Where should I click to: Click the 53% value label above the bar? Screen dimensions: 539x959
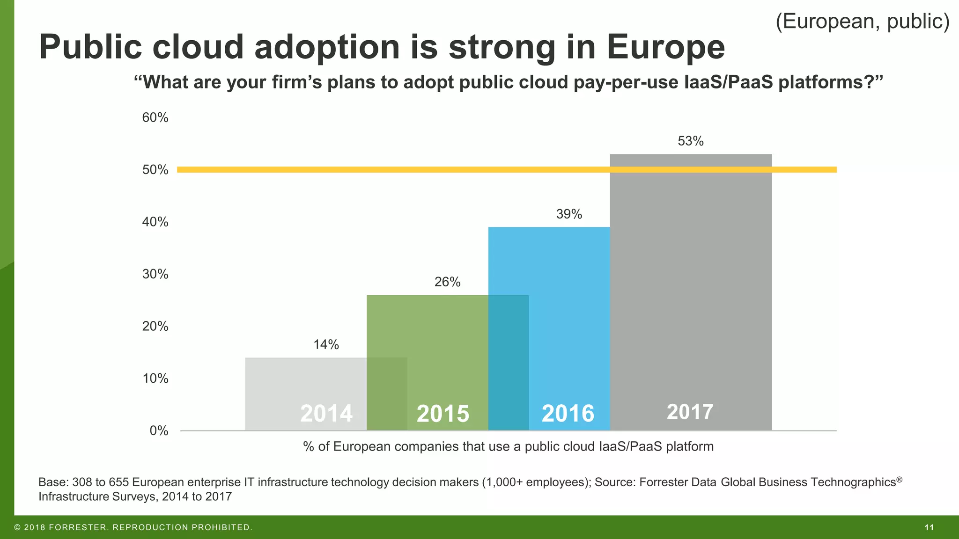(x=690, y=141)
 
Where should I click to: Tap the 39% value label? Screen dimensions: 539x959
(x=569, y=214)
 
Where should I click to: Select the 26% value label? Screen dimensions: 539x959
(x=447, y=282)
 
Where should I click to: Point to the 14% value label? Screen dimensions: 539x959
(x=326, y=345)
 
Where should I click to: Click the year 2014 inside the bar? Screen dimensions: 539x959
(x=326, y=414)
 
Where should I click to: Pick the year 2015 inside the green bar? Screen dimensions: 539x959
(x=443, y=414)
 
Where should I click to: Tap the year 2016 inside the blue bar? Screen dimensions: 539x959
(x=568, y=414)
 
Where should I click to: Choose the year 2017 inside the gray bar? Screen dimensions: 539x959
(x=690, y=412)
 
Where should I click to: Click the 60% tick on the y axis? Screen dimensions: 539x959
(x=155, y=118)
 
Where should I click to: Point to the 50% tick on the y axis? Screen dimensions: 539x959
(x=155, y=170)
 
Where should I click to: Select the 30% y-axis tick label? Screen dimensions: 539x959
(x=155, y=274)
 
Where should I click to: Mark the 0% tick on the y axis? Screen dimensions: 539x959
(x=159, y=431)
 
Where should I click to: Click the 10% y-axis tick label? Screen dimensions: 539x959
(x=155, y=379)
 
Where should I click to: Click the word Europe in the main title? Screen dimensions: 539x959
(x=665, y=47)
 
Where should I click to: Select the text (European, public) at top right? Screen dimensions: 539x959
(x=862, y=22)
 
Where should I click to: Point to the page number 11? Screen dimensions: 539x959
(x=929, y=528)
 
